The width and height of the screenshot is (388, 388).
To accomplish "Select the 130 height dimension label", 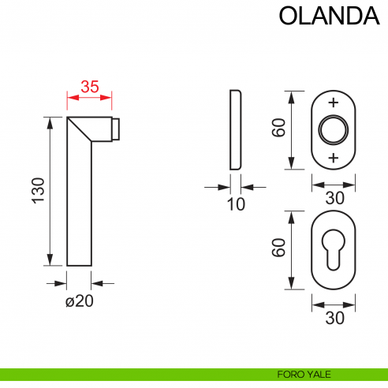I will point(39,192).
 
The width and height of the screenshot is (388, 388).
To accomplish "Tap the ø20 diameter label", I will point(80,300).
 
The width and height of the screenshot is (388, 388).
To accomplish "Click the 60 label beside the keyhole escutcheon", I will point(278,249).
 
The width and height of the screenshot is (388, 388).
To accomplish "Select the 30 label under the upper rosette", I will point(334,197).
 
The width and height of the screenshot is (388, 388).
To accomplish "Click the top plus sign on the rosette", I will point(334,103).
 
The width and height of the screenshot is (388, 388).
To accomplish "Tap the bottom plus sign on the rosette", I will point(334,158).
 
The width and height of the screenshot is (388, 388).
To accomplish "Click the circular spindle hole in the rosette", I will point(334,130).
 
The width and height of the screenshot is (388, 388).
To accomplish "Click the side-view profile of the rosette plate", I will point(235,130).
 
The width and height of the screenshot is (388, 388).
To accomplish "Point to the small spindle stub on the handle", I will point(116,129).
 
